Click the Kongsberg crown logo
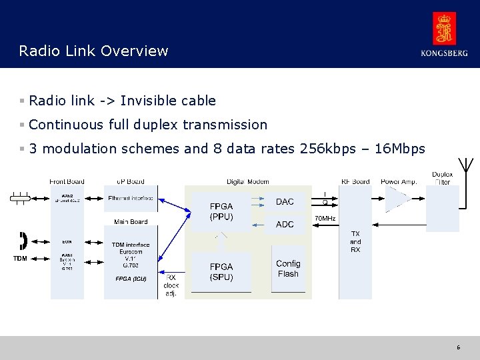444,29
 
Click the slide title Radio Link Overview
94,51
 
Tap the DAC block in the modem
285,202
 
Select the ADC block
285,225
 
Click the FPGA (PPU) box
221,212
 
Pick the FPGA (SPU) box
221,271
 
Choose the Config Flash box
288,269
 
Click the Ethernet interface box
130,198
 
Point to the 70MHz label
325,219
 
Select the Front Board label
67,181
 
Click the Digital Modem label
248,181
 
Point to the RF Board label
355,181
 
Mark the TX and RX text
355,242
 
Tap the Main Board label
131,221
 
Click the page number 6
459,347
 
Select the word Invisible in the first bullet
145,101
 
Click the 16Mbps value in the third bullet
400,149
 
